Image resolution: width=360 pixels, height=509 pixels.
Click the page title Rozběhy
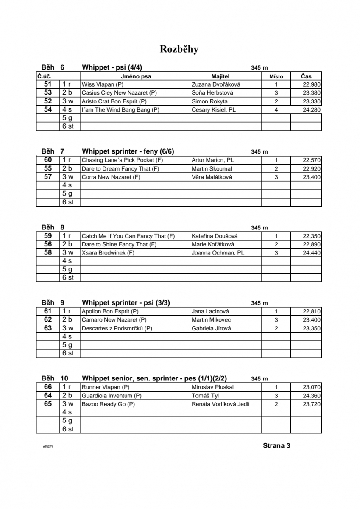[179, 49]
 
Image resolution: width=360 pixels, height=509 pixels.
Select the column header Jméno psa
[136, 76]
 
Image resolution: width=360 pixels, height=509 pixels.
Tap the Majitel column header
[219, 76]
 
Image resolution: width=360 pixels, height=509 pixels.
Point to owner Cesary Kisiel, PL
[214, 110]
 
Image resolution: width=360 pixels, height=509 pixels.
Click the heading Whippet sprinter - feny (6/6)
[128, 151]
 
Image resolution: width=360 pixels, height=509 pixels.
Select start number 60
[48, 160]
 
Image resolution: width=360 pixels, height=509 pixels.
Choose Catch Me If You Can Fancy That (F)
[128, 236]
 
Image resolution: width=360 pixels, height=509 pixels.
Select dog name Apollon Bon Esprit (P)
[110, 311]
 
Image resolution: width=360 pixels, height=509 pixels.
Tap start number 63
[48, 328]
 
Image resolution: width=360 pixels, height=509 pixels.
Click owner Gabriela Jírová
[211, 328]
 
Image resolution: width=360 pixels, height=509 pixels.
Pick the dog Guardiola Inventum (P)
[112, 396]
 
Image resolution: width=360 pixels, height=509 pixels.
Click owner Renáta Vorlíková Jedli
[220, 404]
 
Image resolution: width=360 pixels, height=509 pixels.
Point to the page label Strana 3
[276, 445]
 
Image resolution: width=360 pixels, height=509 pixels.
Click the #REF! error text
[48, 447]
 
